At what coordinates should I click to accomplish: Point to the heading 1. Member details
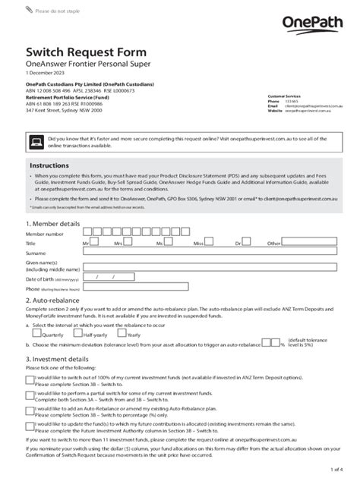(x=52, y=224)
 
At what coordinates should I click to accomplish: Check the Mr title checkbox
(x=94, y=243)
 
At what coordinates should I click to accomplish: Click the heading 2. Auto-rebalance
(x=54, y=300)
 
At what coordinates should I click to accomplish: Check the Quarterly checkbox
(x=38, y=333)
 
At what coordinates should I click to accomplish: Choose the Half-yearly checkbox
(x=79, y=333)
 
